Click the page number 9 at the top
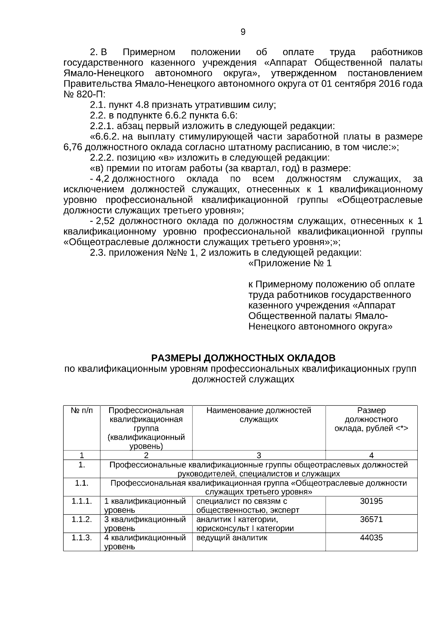point(243,32)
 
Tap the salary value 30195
point(371,501)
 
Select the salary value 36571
point(371,520)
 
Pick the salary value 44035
point(371,538)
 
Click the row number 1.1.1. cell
point(81,501)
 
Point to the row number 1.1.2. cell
point(81,520)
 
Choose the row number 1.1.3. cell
point(81,538)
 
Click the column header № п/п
point(81,411)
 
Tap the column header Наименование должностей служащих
point(259,415)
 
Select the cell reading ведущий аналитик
point(232,538)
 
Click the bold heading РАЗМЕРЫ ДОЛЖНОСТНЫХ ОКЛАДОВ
point(243,358)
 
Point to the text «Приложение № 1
point(290,263)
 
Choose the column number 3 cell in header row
point(259,456)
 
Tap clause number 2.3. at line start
point(98,253)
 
